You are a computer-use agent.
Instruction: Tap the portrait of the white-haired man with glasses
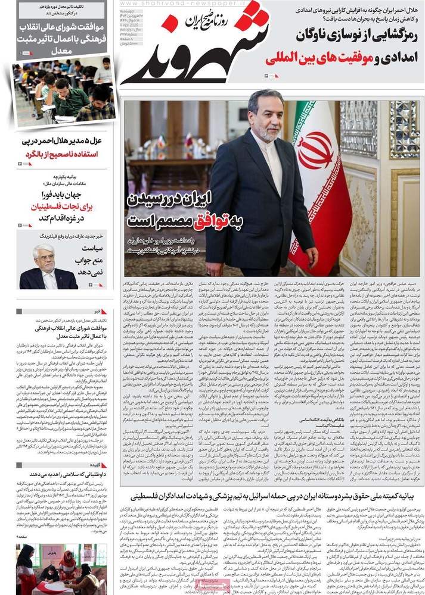pyautogui.click(x=47, y=268)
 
